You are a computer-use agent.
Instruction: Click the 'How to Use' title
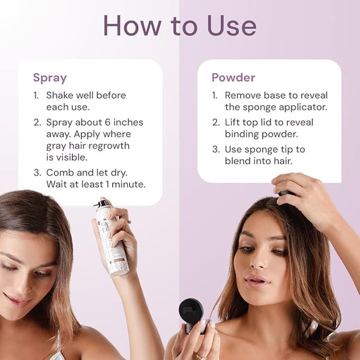[x=179, y=26]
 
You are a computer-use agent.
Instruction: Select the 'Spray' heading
[x=50, y=78]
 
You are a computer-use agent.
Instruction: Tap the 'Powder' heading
[x=233, y=77]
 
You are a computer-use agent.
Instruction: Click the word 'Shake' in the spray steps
[x=59, y=95]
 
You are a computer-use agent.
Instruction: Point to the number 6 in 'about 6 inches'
[x=107, y=122]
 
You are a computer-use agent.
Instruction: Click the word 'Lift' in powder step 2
[x=232, y=122]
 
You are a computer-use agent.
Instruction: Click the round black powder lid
[x=191, y=311]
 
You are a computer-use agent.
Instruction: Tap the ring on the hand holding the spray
[x=129, y=222]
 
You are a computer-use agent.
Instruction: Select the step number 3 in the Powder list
[x=216, y=149]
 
